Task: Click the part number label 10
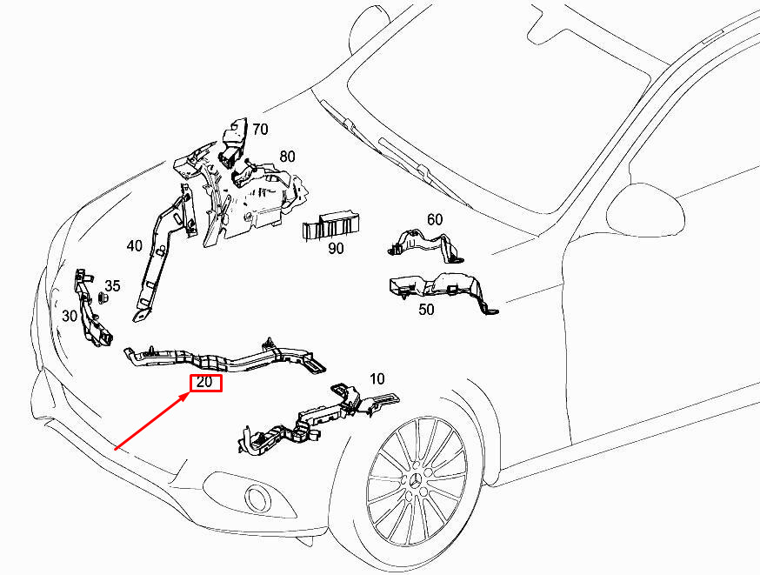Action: pyautogui.click(x=377, y=379)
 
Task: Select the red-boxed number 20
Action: pyautogui.click(x=206, y=383)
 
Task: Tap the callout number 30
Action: pyautogui.click(x=70, y=316)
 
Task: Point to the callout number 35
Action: pyautogui.click(x=113, y=286)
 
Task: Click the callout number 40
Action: pyautogui.click(x=134, y=246)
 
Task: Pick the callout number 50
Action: pyautogui.click(x=427, y=309)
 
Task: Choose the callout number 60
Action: pyautogui.click(x=435, y=220)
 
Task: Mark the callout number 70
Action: pyautogui.click(x=260, y=130)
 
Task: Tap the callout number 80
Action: pyautogui.click(x=288, y=157)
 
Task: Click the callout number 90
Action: pyautogui.click(x=336, y=248)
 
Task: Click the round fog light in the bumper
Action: pyautogui.click(x=257, y=498)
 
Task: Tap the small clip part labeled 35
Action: pyautogui.click(x=103, y=298)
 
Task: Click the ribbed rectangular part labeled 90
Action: pyautogui.click(x=331, y=224)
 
